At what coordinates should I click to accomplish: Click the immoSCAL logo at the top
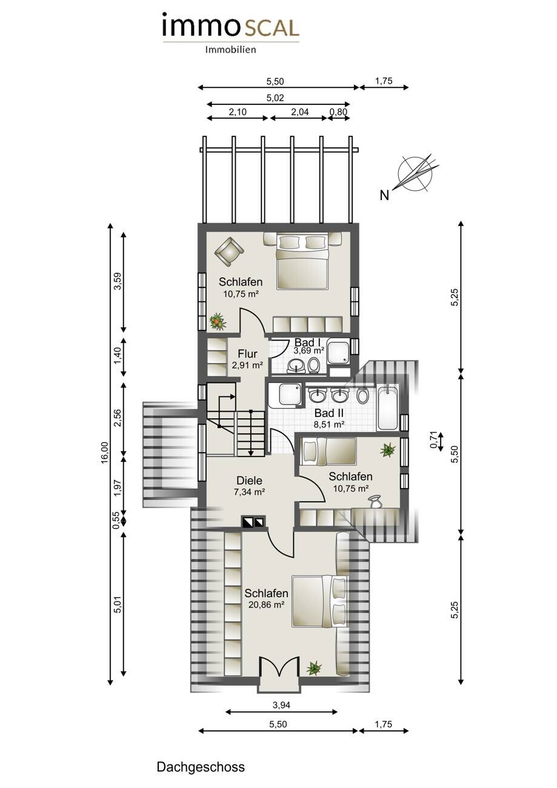tap(231, 32)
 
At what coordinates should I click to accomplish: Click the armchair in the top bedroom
tap(230, 251)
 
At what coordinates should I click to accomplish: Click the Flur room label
tap(247, 353)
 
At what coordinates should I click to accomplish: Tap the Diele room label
tap(249, 481)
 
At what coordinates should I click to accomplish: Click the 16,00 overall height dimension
tap(105, 453)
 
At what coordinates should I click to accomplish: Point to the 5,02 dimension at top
tap(275, 98)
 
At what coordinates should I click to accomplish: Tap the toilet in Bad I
tap(313, 365)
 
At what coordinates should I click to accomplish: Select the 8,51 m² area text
tap(329, 424)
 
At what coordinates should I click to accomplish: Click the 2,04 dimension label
tap(300, 112)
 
